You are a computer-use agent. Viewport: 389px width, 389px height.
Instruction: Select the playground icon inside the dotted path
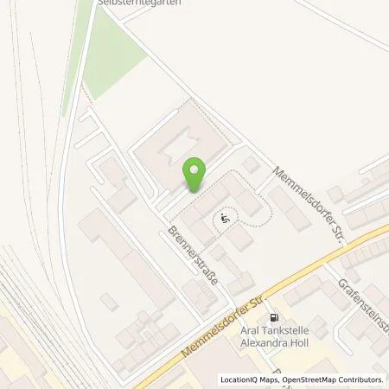pyautogui.click(x=226, y=220)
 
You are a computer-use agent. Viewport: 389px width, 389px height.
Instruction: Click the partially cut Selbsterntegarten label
pyautogui.click(x=157, y=3)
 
